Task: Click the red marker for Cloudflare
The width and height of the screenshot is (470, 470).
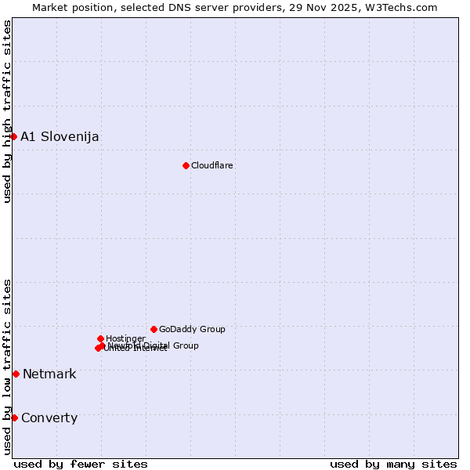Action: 186,165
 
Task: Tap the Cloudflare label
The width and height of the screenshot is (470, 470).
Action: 212,165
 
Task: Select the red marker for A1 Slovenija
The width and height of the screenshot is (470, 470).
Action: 13,136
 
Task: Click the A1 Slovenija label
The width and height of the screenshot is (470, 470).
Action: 60,137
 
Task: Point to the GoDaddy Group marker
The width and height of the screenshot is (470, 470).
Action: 154,329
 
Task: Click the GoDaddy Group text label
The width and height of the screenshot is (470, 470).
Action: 192,330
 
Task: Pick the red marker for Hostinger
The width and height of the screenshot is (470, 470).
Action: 100,338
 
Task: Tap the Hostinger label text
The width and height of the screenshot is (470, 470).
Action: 125,339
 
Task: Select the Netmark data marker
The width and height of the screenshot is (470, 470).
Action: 16,374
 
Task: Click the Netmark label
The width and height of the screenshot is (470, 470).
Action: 49,374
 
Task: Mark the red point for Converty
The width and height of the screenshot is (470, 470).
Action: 14,418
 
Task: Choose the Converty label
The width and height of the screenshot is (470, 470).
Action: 49,418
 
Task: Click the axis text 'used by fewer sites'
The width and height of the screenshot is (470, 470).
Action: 81,465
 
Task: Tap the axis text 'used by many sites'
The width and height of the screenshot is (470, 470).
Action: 393,465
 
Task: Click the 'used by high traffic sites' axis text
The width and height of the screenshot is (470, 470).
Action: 8,111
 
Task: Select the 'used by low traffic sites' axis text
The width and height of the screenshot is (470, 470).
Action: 8,367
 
